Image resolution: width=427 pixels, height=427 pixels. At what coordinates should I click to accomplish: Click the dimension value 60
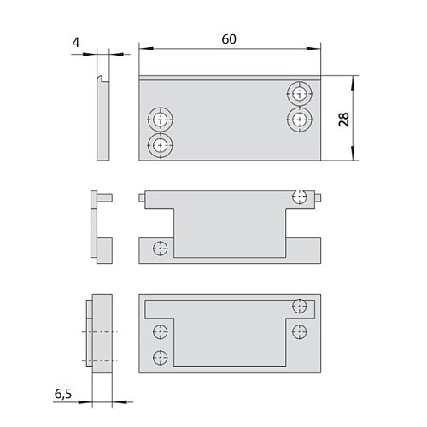pyautogui.click(x=229, y=39)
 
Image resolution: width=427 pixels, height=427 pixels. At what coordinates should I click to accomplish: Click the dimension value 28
pyautogui.click(x=344, y=120)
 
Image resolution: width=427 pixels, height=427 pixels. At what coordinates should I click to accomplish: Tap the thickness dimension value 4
pyautogui.click(x=76, y=43)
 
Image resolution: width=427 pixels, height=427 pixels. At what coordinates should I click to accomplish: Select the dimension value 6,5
pyautogui.click(x=63, y=394)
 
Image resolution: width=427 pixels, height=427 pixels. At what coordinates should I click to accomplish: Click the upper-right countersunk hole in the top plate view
pyautogui.click(x=300, y=93)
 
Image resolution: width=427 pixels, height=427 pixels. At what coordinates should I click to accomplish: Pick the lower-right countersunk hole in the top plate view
pyautogui.click(x=300, y=120)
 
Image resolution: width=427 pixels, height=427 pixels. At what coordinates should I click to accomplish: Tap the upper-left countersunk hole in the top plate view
pyautogui.click(x=161, y=120)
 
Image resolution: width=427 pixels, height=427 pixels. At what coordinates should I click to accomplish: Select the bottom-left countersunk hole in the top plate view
pyautogui.click(x=161, y=145)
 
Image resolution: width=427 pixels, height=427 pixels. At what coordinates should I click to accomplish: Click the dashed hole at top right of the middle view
pyautogui.click(x=300, y=196)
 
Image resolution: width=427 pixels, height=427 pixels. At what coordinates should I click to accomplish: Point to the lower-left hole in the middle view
pyautogui.click(x=161, y=249)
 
